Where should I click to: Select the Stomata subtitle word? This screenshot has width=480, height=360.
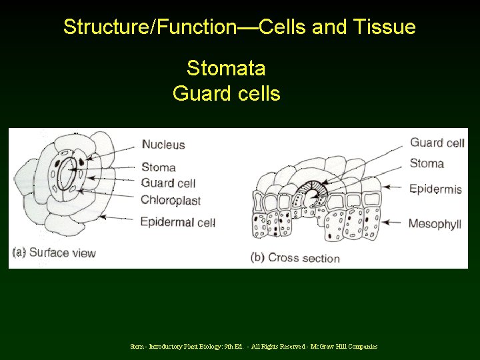coord(226,68)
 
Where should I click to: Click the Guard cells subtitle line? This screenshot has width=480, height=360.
coord(226,93)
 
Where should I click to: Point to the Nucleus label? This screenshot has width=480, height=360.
coord(163,144)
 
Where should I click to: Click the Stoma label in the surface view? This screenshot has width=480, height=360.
coord(159,167)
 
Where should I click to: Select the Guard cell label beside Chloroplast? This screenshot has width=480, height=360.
coord(168,183)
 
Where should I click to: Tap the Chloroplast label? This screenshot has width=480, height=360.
coord(171,199)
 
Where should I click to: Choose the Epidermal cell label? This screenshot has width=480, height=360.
coord(177,221)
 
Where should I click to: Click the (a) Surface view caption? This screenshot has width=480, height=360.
coord(54,252)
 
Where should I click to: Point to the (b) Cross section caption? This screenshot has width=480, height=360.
coord(295,257)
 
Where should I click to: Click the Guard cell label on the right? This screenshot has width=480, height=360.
coord(437,143)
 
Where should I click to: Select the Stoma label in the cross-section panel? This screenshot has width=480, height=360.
coord(427,163)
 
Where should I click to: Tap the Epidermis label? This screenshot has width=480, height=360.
coord(435,189)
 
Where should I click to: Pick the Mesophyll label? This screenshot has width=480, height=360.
coord(435,223)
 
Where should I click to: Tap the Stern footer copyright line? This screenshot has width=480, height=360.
coord(253,346)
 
